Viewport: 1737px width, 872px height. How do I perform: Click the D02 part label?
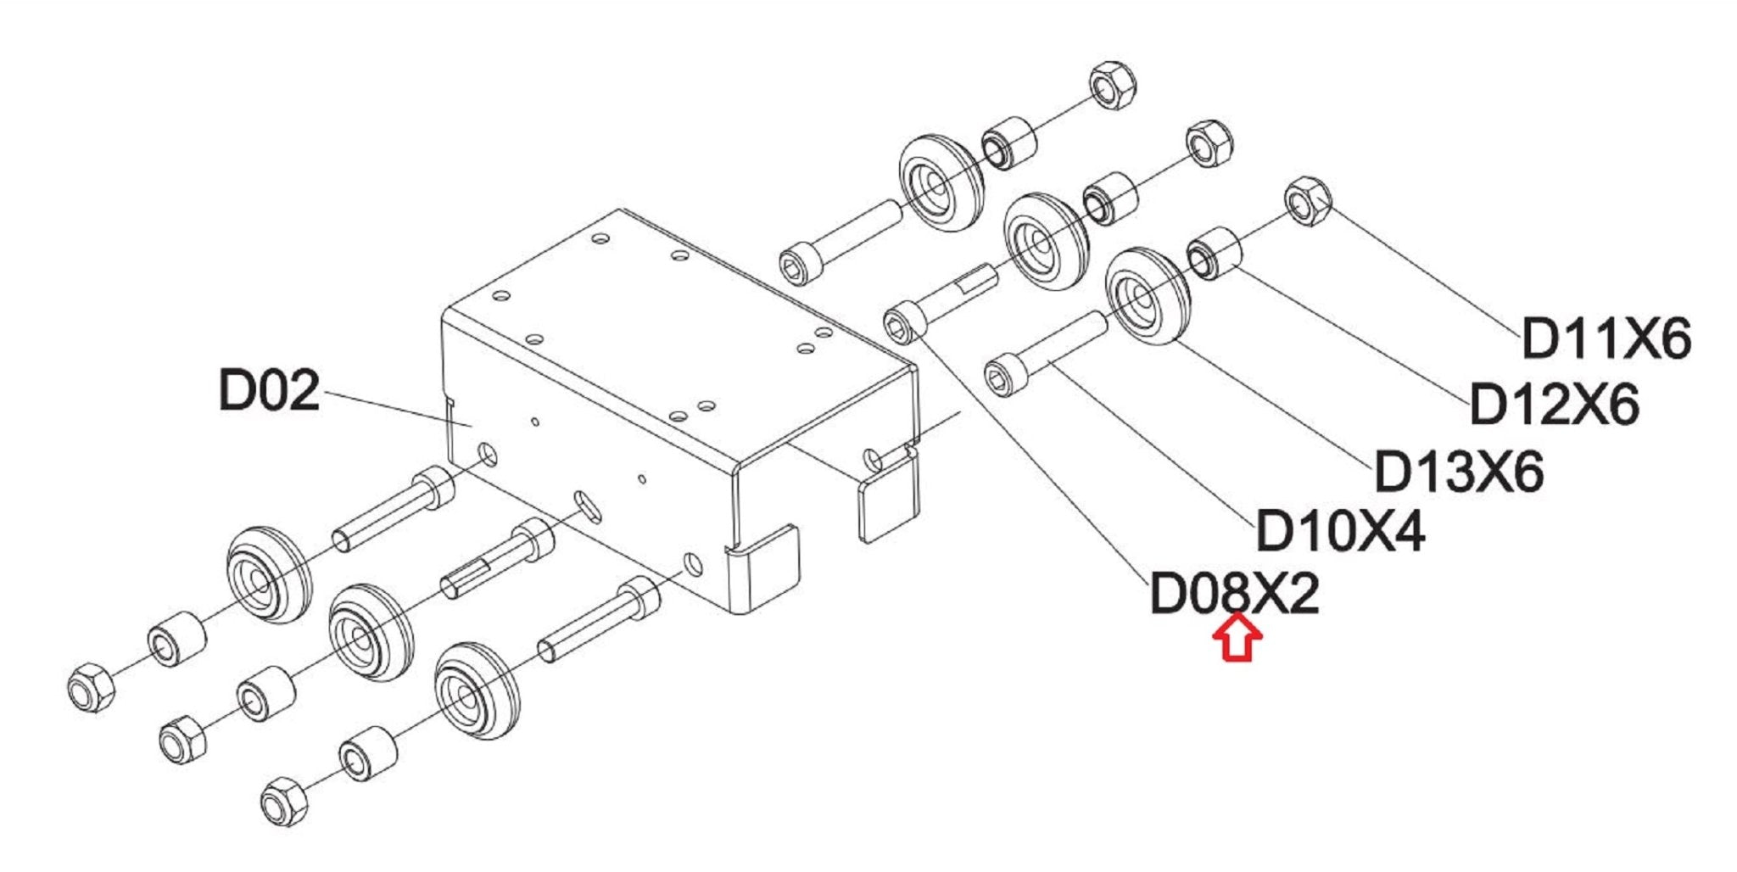tap(269, 390)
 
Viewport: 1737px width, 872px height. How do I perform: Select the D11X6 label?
tap(1606, 339)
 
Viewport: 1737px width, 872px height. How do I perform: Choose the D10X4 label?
tap(1340, 532)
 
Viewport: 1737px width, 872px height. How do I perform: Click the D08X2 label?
tap(1234, 594)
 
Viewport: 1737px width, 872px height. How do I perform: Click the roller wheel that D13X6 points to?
tap(1148, 296)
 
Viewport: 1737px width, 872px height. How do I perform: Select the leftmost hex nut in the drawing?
tap(90, 686)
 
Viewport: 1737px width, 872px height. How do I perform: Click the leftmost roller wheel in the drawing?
tap(268, 575)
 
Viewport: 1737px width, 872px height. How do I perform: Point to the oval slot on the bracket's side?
tap(586, 506)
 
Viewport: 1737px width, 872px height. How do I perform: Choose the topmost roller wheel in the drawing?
tap(940, 182)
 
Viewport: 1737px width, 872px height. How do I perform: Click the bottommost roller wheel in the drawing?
tap(476, 692)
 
